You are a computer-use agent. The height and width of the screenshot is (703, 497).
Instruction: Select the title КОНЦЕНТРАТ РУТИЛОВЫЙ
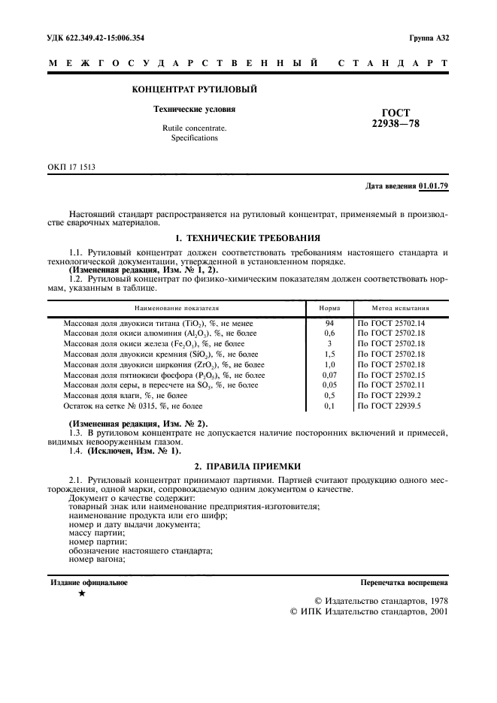click(195, 89)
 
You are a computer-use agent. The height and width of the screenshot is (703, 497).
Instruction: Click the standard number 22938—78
click(391, 124)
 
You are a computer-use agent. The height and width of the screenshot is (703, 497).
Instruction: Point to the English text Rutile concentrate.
click(194, 128)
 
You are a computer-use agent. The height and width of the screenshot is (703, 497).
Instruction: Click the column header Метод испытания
click(401, 308)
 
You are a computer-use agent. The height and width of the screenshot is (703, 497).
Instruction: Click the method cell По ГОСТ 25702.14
click(391, 322)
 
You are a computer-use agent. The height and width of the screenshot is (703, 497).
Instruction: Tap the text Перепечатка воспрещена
click(404, 582)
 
